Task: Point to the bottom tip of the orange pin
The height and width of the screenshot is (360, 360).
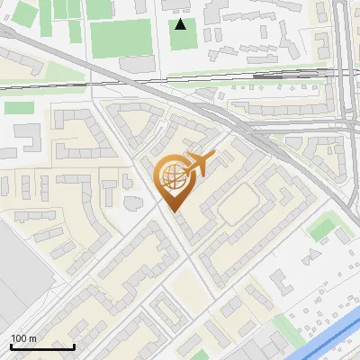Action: pyautogui.click(x=173, y=211)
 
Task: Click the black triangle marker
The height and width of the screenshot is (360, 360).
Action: pyautogui.click(x=182, y=24)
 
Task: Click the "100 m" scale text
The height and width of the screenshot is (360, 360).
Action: pyautogui.click(x=23, y=338)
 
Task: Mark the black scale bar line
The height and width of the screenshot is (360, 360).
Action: pyautogui.click(x=41, y=346)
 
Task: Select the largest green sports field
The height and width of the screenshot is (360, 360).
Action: pyautogui.click(x=121, y=37)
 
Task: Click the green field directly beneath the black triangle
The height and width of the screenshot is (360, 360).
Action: pyautogui.click(x=184, y=40)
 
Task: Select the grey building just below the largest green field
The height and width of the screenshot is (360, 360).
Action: pyautogui.click(x=136, y=64)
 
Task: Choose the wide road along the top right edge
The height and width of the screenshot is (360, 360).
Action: pyautogui.click(x=344, y=54)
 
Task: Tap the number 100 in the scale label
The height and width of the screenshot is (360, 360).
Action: pyautogui.click(x=19, y=338)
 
